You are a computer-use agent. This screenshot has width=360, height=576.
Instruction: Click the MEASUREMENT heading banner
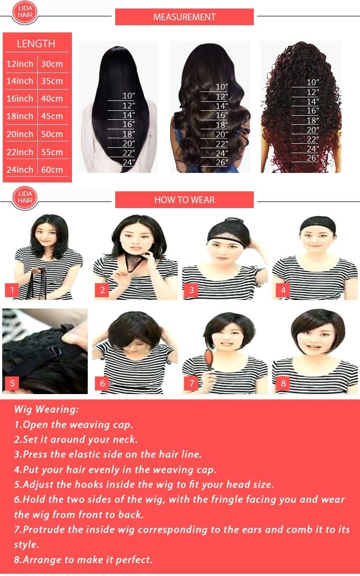click(x=184, y=17)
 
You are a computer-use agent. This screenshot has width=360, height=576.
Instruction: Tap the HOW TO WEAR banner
click(x=184, y=200)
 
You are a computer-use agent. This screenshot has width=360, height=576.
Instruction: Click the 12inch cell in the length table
click(x=20, y=64)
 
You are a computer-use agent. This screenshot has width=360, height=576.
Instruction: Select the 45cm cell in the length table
click(x=52, y=116)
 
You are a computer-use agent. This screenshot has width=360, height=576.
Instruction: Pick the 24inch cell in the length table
click(x=20, y=170)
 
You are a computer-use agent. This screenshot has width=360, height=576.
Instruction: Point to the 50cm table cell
click(x=52, y=134)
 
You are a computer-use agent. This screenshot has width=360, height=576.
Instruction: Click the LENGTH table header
click(x=36, y=44)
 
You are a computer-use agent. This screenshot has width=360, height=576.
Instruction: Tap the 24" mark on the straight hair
click(x=129, y=163)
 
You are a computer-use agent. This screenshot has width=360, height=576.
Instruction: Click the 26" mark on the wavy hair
click(x=222, y=163)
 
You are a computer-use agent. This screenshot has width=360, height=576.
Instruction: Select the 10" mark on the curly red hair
click(x=313, y=82)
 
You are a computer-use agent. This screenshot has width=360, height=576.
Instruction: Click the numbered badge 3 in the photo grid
click(x=191, y=290)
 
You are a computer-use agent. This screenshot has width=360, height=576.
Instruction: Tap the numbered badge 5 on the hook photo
click(x=12, y=383)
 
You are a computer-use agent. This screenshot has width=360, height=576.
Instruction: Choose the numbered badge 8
click(x=283, y=383)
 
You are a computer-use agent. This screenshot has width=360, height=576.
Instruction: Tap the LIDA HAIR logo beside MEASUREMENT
click(x=25, y=12)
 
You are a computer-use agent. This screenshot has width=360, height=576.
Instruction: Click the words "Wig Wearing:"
click(x=46, y=409)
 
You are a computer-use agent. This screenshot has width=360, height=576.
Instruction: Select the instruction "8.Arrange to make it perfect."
click(x=83, y=559)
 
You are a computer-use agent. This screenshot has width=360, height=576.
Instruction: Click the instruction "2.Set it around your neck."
click(x=76, y=439)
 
